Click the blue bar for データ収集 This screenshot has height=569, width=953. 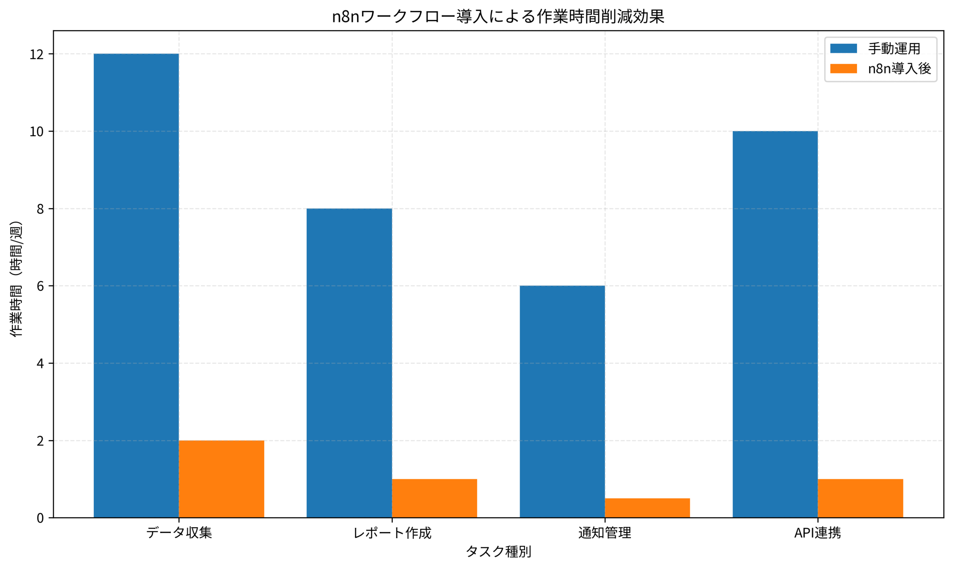click(136, 286)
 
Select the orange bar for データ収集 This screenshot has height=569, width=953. click(221, 479)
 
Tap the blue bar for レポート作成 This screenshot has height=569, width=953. click(349, 363)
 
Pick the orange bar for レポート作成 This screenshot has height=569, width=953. click(434, 498)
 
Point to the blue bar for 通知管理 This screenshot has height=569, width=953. click(562, 401)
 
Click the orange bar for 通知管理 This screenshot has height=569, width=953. click(647, 508)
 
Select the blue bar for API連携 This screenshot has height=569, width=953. click(775, 324)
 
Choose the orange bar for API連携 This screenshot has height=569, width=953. click(860, 498)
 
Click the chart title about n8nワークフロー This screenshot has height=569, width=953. click(498, 16)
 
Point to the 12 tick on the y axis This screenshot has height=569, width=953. click(37, 54)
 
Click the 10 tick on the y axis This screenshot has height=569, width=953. click(37, 131)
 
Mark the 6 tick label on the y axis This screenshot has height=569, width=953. click(40, 286)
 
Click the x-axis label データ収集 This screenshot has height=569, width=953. click(179, 533)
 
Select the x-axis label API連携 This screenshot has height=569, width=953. click(817, 533)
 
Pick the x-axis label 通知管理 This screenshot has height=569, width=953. click(605, 533)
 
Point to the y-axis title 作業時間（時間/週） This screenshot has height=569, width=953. click(16, 279)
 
